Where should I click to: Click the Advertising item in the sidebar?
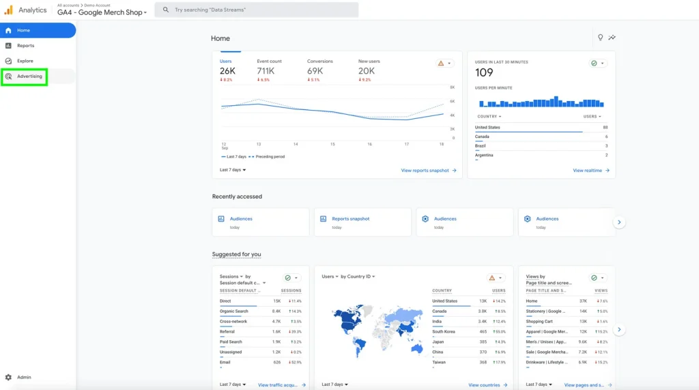click(29, 76)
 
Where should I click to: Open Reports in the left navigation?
click(25, 46)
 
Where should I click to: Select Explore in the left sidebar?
click(25, 61)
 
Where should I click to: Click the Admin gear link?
click(23, 377)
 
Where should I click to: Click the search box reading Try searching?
click(256, 10)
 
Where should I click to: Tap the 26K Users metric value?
click(227, 71)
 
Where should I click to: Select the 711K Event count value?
click(266, 71)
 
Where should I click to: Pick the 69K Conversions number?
click(315, 71)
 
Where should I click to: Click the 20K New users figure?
click(367, 71)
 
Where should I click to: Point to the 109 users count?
click(484, 73)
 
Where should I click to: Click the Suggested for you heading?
click(236, 254)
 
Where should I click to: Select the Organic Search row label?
click(234, 311)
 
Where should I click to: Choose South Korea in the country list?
click(444, 332)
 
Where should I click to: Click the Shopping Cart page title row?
click(539, 322)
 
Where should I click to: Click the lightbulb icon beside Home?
click(601, 38)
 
